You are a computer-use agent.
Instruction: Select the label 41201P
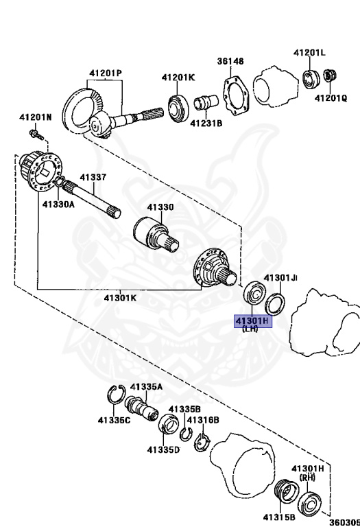(106, 73)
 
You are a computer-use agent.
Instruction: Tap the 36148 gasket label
(230, 61)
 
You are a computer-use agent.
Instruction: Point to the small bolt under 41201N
(37, 134)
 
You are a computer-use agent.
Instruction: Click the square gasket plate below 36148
(236, 96)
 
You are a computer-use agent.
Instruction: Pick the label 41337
(93, 177)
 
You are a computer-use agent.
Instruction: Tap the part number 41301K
(120, 297)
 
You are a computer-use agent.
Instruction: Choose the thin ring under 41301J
(275, 304)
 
